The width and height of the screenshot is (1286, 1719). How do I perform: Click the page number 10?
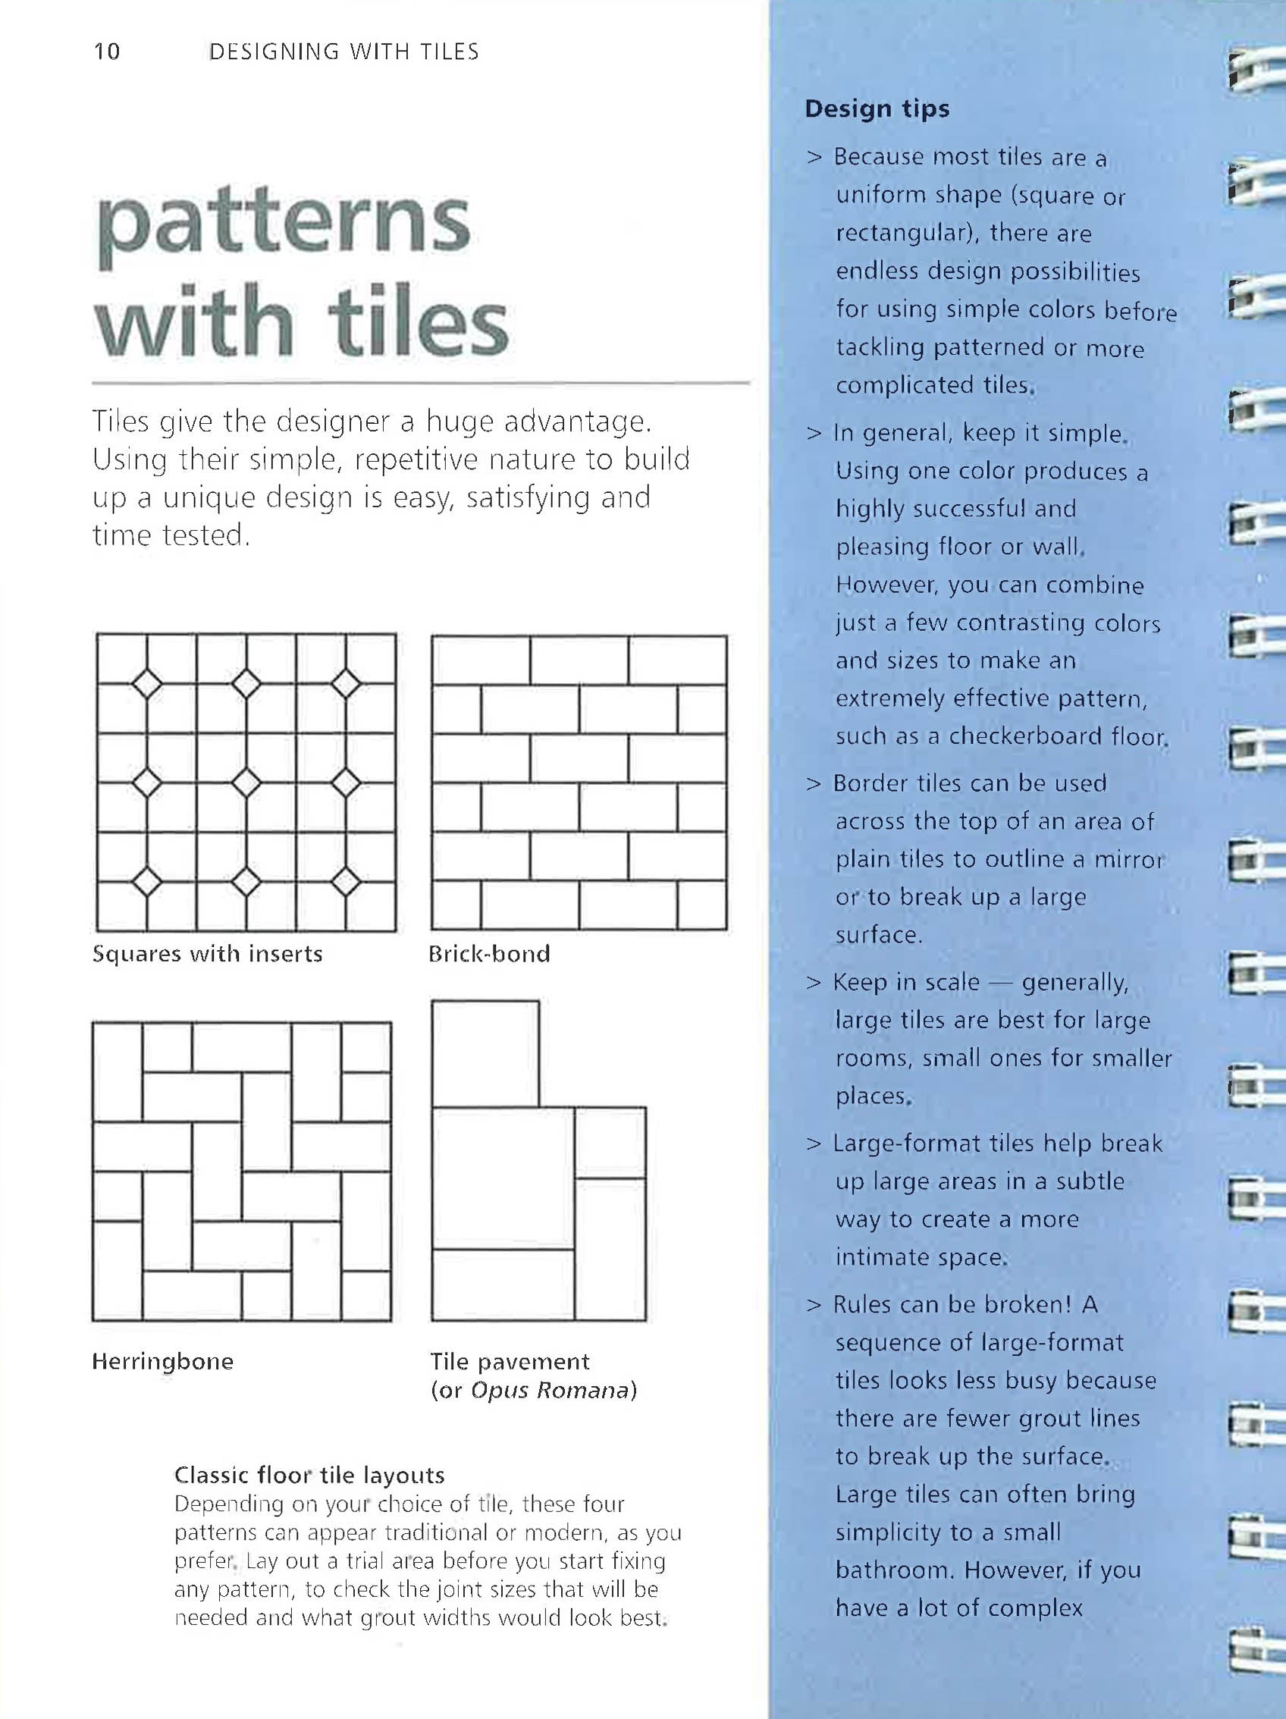[x=107, y=52]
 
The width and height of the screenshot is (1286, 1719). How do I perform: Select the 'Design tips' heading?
[x=877, y=108]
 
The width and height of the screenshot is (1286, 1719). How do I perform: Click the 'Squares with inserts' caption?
[x=207, y=954]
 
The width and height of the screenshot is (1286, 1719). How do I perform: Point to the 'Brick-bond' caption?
[x=489, y=954]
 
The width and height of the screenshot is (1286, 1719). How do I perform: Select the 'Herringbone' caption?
[x=162, y=1361]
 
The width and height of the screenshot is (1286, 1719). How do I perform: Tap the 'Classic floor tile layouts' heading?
[x=309, y=1475]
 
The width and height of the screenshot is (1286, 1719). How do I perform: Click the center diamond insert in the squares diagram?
[x=246, y=783]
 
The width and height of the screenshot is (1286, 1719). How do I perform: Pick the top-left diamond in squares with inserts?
[x=147, y=684]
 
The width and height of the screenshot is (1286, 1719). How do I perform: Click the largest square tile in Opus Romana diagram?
[x=503, y=1178]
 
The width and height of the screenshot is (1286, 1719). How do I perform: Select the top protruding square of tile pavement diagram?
[x=485, y=1053]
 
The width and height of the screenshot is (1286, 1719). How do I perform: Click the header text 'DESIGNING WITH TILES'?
[x=343, y=52]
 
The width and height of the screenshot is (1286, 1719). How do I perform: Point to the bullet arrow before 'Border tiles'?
[x=814, y=783]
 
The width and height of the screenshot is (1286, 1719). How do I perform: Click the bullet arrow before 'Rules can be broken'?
[x=814, y=1305]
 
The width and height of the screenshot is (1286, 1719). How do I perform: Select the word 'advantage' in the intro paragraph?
[x=574, y=422]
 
